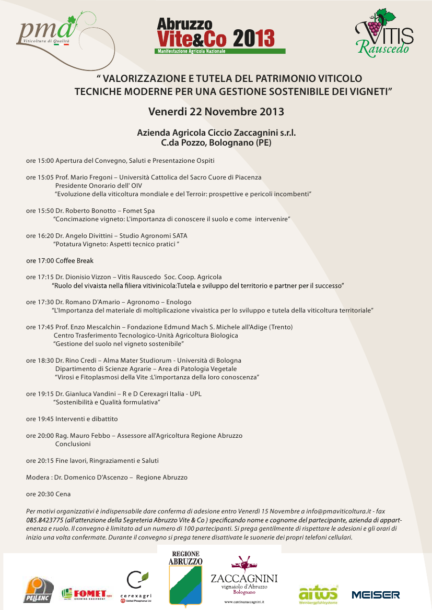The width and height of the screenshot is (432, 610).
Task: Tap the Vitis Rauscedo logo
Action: pyautogui.click(x=383, y=32)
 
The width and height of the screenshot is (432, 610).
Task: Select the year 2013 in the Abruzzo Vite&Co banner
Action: pyautogui.click(x=254, y=38)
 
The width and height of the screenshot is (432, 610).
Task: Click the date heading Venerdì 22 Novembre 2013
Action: pyautogui.click(x=216, y=112)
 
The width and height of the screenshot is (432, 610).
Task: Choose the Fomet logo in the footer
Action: pyautogui.click(x=87, y=594)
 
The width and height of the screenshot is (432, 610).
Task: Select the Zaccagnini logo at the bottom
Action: pyautogui.click(x=243, y=578)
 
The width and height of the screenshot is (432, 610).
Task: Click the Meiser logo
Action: pyautogui.click(x=376, y=594)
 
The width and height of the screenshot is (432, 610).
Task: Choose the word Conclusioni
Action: pyautogui.click(x=73, y=444)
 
